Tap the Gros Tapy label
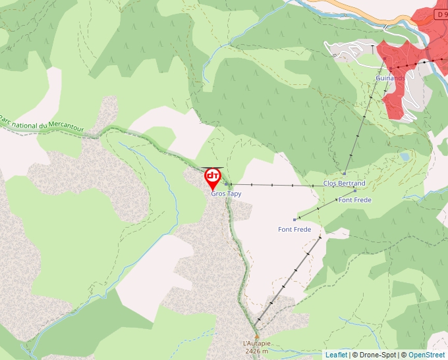click(x=226, y=194)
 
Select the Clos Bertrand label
click(x=344, y=183)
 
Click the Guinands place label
click(x=390, y=78)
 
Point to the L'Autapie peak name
click(x=256, y=344)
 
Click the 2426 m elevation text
click(x=256, y=351)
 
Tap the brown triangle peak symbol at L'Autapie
click(x=257, y=337)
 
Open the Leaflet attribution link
click(x=336, y=355)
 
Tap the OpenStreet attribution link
click(x=426, y=355)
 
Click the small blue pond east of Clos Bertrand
click(x=404, y=157)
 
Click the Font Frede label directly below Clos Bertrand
click(x=354, y=200)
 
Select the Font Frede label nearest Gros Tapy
click(x=294, y=229)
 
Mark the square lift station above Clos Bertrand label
click(x=344, y=174)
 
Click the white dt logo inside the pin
click(x=213, y=175)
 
